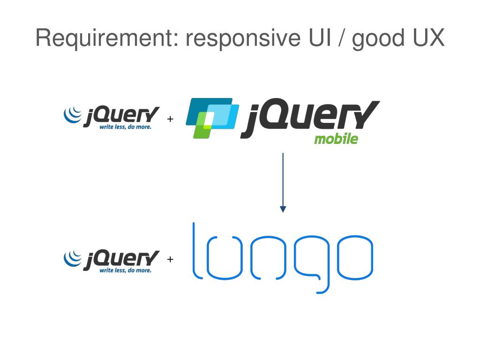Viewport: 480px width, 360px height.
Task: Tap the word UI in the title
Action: point(318,37)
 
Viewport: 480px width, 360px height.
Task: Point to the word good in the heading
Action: point(379,38)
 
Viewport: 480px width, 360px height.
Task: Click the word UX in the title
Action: point(428,37)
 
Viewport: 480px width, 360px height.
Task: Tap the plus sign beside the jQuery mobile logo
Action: point(170,119)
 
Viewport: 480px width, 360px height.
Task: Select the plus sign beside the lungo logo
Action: point(170,259)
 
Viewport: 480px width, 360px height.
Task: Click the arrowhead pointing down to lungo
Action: point(283,209)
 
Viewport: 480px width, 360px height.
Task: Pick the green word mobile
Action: point(336,139)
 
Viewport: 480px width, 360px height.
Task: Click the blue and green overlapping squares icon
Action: point(211,118)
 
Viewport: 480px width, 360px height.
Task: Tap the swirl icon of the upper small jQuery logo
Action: point(73,115)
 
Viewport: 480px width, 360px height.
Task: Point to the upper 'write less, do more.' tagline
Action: point(125,127)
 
